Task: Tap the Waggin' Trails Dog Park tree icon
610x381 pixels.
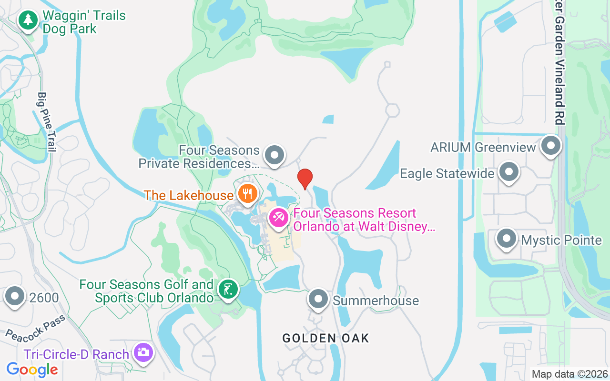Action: point(29,20)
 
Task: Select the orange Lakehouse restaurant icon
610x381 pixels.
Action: point(247,193)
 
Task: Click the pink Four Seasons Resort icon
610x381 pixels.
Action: point(278,218)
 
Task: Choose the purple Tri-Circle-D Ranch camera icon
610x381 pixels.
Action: point(143,353)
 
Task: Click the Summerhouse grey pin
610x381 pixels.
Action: point(318,299)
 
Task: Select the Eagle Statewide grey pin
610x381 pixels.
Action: point(509,172)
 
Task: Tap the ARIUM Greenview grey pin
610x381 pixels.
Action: point(551,145)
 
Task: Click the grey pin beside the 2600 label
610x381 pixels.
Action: point(15,296)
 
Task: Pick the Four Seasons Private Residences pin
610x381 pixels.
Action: point(274,155)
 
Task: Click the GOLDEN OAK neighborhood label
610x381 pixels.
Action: point(325,338)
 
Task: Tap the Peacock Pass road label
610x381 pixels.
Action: point(35,328)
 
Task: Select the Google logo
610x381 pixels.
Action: point(32,370)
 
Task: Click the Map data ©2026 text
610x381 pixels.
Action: point(569,374)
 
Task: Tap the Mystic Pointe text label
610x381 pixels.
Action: point(561,240)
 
